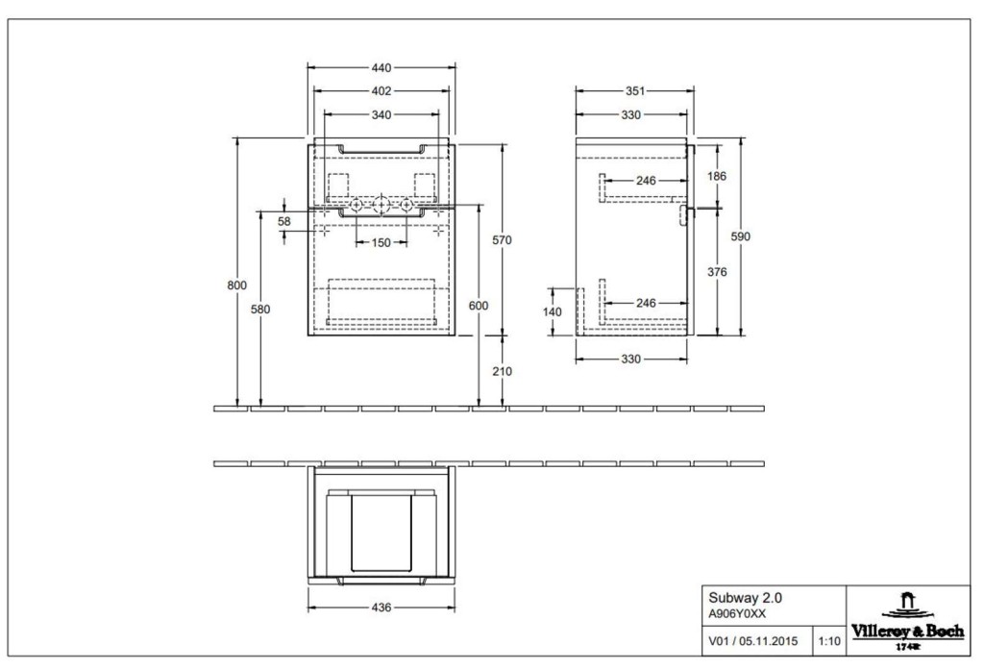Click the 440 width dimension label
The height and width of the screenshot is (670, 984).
[x=381, y=68]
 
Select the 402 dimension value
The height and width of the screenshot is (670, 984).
[x=381, y=91]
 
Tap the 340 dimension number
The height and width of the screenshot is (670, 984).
[x=381, y=115]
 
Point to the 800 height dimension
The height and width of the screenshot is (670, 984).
[x=237, y=285]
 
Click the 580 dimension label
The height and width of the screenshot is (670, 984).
[x=260, y=309]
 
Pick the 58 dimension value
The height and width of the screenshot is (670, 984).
[x=284, y=221]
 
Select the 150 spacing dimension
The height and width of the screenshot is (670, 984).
[x=381, y=242]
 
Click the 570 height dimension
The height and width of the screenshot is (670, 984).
[x=502, y=240]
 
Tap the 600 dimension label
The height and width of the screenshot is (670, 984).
[x=479, y=306]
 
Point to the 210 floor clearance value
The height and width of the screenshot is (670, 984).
[x=502, y=371]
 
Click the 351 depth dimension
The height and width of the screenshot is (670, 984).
[x=635, y=91]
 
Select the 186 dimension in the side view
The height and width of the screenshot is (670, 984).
[x=717, y=176]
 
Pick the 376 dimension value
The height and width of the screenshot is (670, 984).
[x=717, y=272]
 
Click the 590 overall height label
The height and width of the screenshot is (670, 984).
[x=741, y=236]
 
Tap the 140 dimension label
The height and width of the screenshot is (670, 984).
[x=553, y=312]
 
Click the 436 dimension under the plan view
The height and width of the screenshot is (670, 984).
[x=381, y=608]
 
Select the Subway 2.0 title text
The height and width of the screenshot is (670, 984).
[x=746, y=599]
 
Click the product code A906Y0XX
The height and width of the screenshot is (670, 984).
[x=737, y=615]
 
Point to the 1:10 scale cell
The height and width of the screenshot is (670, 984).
[x=829, y=641]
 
